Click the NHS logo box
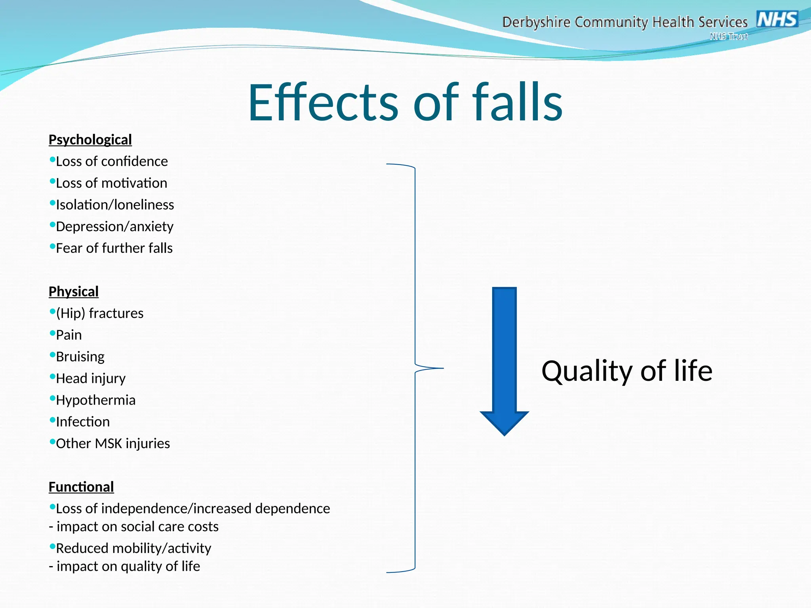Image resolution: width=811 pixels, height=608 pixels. click(x=777, y=19)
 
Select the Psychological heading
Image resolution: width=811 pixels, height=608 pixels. click(x=90, y=140)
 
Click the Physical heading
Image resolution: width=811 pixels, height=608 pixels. click(x=73, y=292)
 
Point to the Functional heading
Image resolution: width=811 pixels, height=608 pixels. click(x=81, y=487)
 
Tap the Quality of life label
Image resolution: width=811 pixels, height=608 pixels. click(x=626, y=371)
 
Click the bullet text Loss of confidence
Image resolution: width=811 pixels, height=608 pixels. click(x=112, y=161)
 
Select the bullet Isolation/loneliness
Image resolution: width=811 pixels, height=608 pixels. click(x=115, y=205)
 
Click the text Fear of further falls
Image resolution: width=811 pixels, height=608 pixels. click(x=114, y=248)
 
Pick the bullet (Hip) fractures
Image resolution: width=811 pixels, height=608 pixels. click(x=99, y=313)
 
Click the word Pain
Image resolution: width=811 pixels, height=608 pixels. click(x=69, y=335)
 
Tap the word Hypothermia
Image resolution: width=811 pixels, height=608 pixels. click(x=95, y=400)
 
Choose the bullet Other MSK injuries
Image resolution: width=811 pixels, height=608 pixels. click(x=113, y=444)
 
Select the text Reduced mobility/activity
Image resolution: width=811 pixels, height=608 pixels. click(x=133, y=549)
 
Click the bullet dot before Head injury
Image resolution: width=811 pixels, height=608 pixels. click(x=52, y=376)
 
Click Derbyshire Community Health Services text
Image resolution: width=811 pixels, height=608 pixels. click(x=624, y=22)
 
